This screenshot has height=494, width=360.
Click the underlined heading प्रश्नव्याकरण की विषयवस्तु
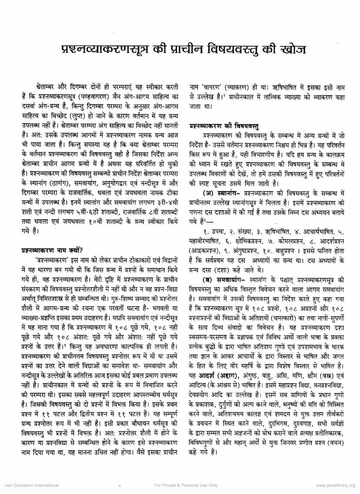(x=224, y=126)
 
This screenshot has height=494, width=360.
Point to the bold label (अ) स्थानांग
(x=219, y=192)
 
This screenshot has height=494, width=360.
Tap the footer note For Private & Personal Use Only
(x=180, y=485)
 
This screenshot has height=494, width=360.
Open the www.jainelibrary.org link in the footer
(x=336, y=485)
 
